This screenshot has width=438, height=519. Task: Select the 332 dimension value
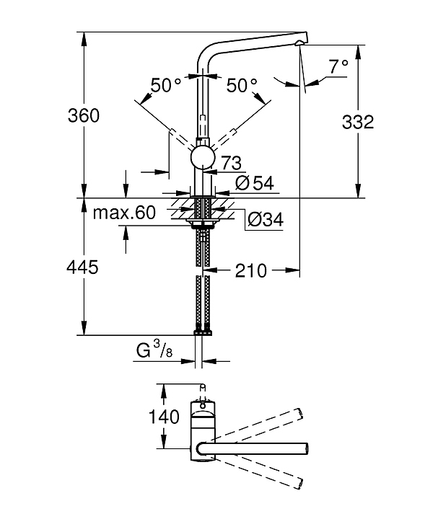pyautogui.click(x=357, y=122)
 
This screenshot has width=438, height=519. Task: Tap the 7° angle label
pyautogui.click(x=338, y=67)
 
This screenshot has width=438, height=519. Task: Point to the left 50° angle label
pyautogui.click(x=167, y=86)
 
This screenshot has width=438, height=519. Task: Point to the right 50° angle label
pyautogui.click(x=242, y=86)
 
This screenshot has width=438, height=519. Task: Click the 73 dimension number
pyautogui.click(x=231, y=161)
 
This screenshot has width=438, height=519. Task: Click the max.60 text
pyautogui.click(x=125, y=213)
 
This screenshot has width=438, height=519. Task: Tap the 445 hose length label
pyautogui.click(x=83, y=268)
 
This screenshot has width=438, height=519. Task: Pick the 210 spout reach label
pyautogui.click(x=250, y=271)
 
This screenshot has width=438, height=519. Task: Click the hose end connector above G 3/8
pyautogui.click(x=203, y=332)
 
